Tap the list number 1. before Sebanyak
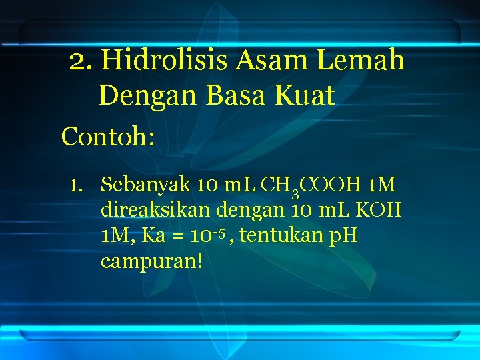pos(79,184)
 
